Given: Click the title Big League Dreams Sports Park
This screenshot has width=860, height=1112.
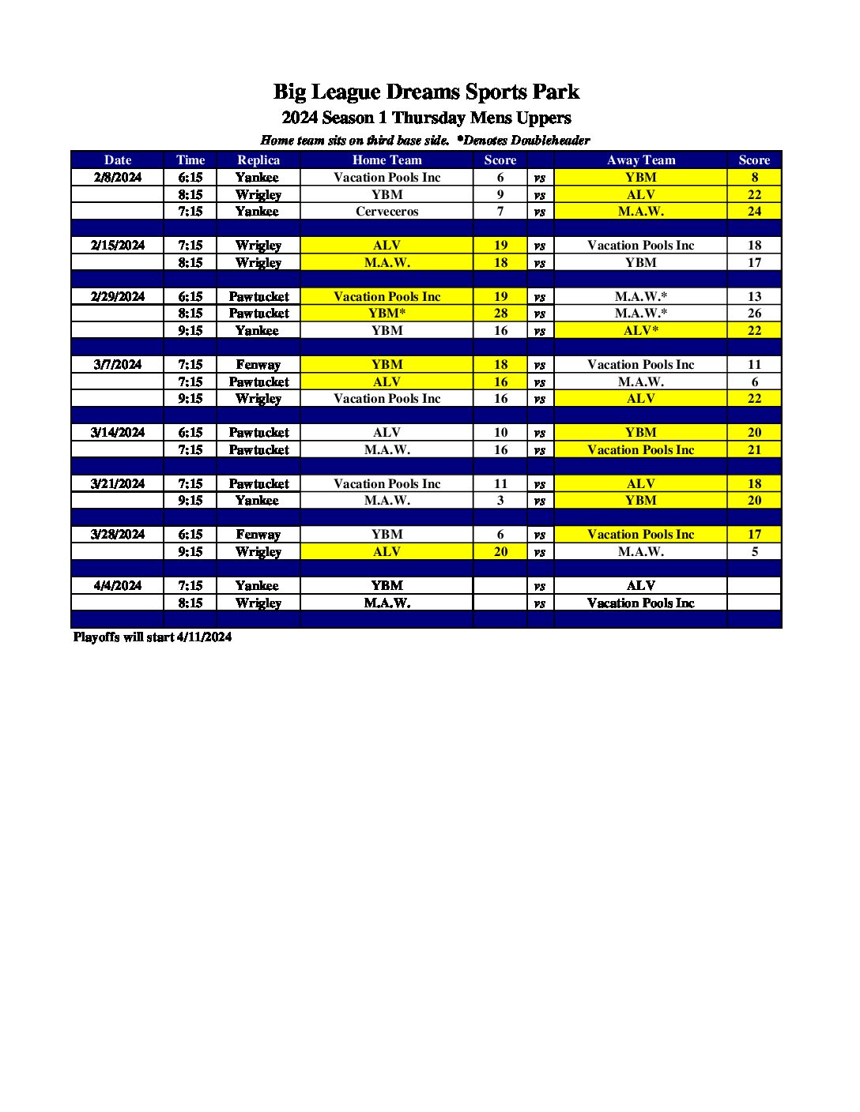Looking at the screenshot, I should [426, 92].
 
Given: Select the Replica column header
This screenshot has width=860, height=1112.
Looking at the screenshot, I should [258, 160].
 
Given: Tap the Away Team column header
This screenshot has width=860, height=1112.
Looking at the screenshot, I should [640, 160].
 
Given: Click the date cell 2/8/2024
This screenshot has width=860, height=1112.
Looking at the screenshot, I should [118, 177].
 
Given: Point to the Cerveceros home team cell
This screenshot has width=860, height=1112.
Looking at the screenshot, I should [387, 211].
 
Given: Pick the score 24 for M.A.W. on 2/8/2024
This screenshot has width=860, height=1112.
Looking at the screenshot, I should [754, 211].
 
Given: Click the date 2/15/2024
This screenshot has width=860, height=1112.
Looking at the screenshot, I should [118, 245].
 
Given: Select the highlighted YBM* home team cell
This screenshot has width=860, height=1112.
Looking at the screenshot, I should [387, 313].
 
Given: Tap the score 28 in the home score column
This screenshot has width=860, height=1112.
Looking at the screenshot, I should [500, 313].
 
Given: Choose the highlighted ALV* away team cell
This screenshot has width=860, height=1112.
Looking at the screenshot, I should [640, 330].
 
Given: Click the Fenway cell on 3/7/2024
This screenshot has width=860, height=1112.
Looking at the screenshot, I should [258, 364].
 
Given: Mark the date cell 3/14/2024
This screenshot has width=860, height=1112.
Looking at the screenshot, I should [118, 432].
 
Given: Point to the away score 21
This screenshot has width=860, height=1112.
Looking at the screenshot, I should [754, 449].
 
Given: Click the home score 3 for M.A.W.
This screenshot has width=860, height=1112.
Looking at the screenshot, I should [500, 500].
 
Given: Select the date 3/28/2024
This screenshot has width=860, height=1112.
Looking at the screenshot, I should [118, 534].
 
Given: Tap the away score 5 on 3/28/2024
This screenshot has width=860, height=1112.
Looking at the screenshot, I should [754, 551].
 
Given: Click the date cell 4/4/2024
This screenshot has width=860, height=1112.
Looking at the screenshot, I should [118, 585].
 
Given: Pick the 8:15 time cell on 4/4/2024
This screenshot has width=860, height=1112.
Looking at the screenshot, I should [190, 603].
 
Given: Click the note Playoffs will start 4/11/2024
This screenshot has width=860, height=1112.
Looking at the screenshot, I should [153, 637].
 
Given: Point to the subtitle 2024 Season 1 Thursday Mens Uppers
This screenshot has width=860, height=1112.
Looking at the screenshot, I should [426, 118].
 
